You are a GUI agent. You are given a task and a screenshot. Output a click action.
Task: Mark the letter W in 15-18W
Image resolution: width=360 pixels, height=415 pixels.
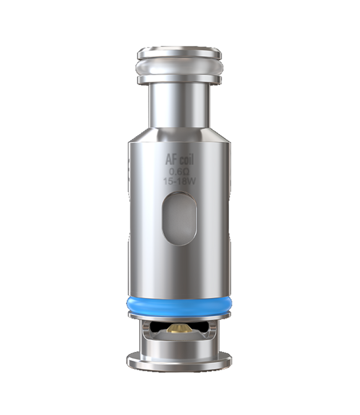tap(191, 181)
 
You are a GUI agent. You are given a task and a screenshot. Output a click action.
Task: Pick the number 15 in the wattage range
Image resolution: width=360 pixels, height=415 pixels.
tap(168, 181)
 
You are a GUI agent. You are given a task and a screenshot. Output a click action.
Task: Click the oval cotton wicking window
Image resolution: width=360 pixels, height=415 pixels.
tap(179, 216)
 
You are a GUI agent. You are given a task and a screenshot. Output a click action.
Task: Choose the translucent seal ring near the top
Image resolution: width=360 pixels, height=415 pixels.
tap(179, 68)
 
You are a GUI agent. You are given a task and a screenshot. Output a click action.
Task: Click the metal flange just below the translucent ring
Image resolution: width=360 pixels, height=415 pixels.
tap(179, 80)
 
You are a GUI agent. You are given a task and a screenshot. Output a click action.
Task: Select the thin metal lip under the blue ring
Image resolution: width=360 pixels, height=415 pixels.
tap(179, 315)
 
